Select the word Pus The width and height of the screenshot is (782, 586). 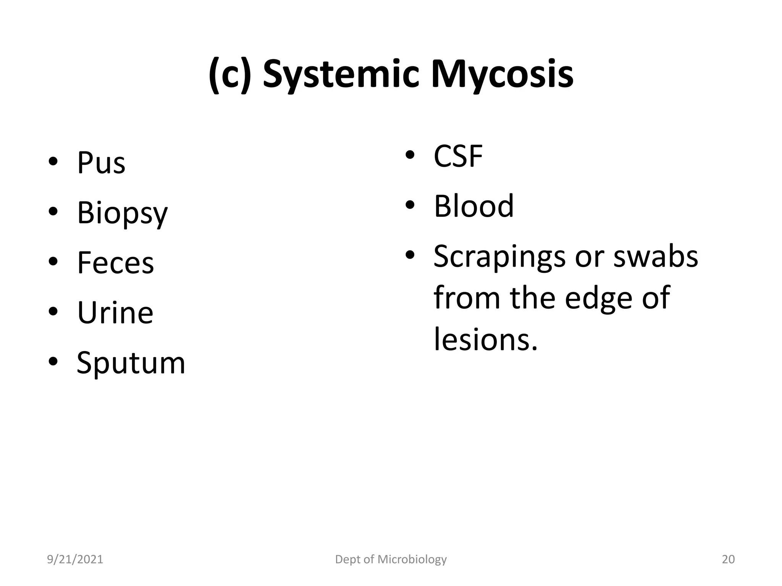pyautogui.click(x=101, y=163)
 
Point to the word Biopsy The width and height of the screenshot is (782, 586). pyautogui.click(x=122, y=213)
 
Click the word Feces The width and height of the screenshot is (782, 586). pyautogui.click(x=115, y=263)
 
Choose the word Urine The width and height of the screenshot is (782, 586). pyautogui.click(x=115, y=313)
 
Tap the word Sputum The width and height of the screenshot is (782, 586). pyautogui.click(x=131, y=363)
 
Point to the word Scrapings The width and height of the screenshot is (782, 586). pyautogui.click(x=499, y=257)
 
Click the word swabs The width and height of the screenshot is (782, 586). pyautogui.click(x=656, y=256)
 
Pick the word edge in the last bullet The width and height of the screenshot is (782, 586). pyautogui.click(x=598, y=298)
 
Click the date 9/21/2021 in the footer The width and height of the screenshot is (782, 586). pyautogui.click(x=75, y=559)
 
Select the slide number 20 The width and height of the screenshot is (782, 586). pyautogui.click(x=728, y=559)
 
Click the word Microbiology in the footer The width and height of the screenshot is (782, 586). pyautogui.click(x=412, y=560)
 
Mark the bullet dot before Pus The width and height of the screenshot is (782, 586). pyautogui.click(x=53, y=162)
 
